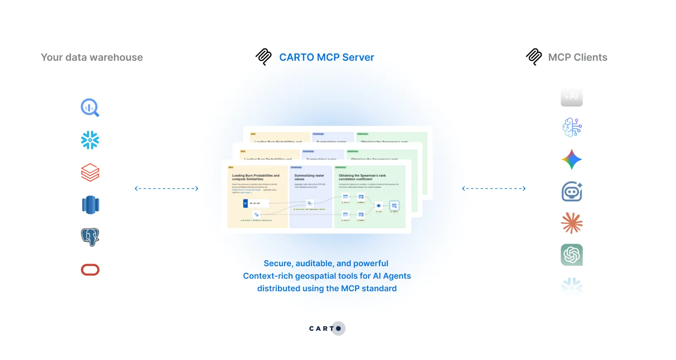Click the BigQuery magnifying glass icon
[90, 108]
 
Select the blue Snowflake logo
[90, 140]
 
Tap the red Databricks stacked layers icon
[90, 172]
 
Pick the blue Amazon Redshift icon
[90, 205]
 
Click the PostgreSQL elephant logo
[90, 237]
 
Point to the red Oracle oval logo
[90, 270]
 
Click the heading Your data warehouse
[92, 57]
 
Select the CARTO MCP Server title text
[327, 57]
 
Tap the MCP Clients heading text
[578, 57]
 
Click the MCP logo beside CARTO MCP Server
[264, 57]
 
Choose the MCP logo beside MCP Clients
[534, 57]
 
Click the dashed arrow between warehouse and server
[166, 188]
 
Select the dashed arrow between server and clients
[494, 188]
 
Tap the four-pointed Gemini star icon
[572, 160]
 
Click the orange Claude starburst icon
[572, 223]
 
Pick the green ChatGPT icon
[572, 255]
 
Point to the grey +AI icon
[572, 97]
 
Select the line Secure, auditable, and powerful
[326, 263]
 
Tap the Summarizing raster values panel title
[309, 177]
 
